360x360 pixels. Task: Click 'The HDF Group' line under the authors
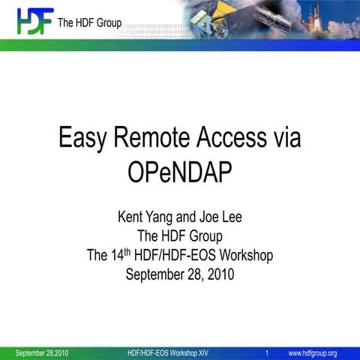tap(180, 237)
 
